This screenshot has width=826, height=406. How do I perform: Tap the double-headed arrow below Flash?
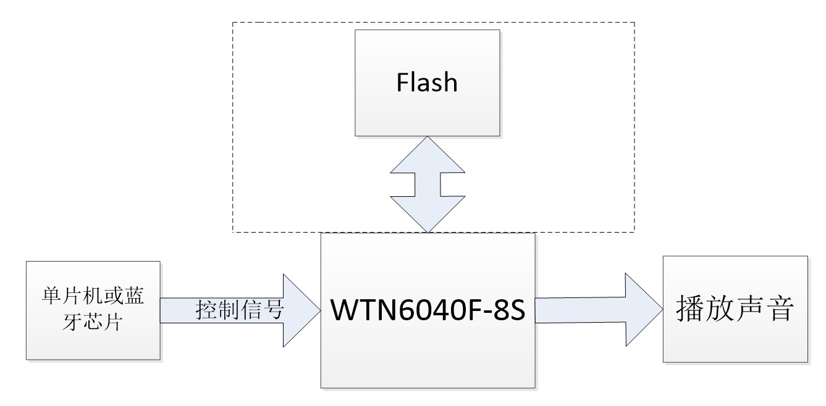427,184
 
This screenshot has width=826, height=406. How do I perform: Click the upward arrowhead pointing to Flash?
427,154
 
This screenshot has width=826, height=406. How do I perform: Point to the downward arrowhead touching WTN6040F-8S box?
427,216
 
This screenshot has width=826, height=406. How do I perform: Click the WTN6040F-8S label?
428,310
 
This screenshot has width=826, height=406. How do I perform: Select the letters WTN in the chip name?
362,310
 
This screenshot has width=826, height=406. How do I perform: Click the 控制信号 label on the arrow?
239,310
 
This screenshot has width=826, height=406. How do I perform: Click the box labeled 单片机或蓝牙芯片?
93,310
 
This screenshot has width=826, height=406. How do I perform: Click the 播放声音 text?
735,309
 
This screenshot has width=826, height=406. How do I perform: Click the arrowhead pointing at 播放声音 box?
643,310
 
